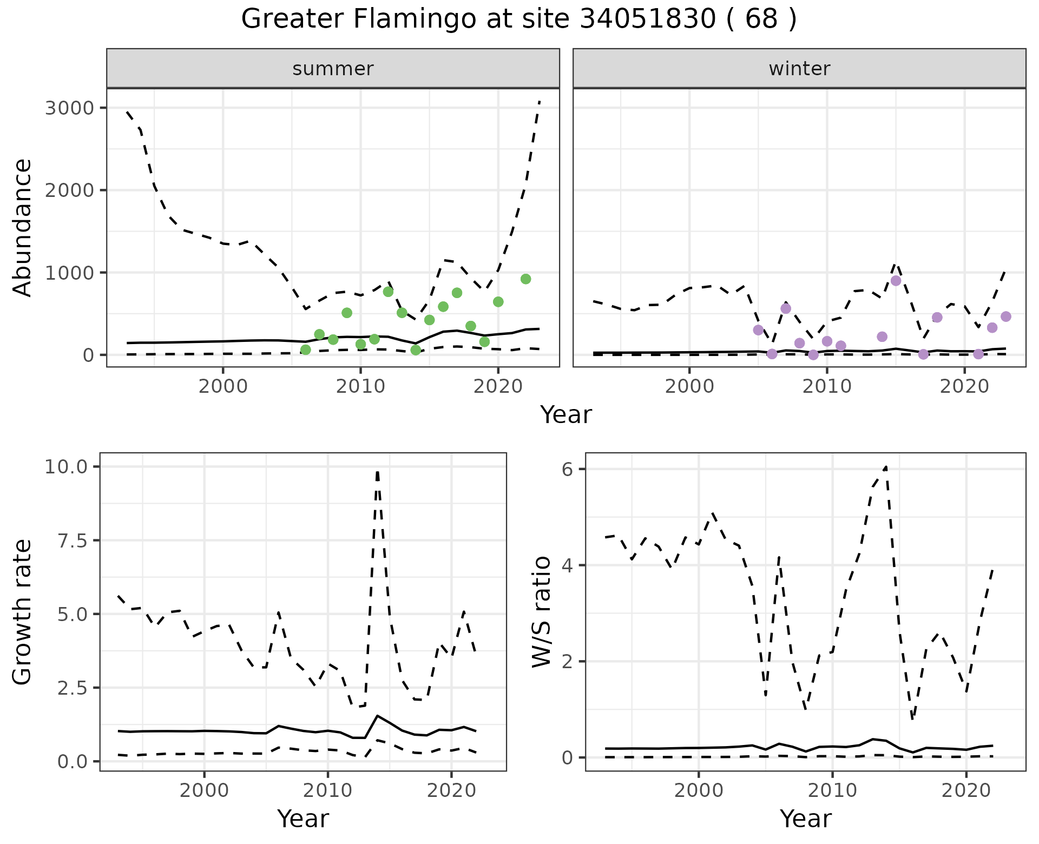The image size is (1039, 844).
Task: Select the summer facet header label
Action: pyautogui.click(x=333, y=69)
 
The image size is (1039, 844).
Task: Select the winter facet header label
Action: pyautogui.click(x=799, y=69)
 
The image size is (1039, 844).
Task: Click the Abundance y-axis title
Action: pyautogui.click(x=23, y=227)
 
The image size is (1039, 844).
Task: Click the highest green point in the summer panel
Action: pyautogui.click(x=525, y=279)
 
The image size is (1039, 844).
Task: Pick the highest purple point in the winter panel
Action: pyautogui.click(x=896, y=280)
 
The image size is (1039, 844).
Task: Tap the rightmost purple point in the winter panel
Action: pyautogui.click(x=1006, y=316)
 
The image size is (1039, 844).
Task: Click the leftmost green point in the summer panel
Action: pyautogui.click(x=306, y=350)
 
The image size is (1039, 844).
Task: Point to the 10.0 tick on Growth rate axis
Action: pyautogui.click(x=70, y=466)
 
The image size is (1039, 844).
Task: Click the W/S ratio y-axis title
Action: pyautogui.click(x=541, y=611)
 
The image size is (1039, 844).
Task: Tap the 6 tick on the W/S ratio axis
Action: pyautogui.click(x=567, y=469)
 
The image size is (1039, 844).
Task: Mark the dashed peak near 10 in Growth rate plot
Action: pyautogui.click(x=377, y=472)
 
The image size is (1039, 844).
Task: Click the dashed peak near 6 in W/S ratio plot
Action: pyautogui.click(x=885, y=466)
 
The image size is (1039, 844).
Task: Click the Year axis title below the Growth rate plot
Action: pyautogui.click(x=303, y=819)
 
